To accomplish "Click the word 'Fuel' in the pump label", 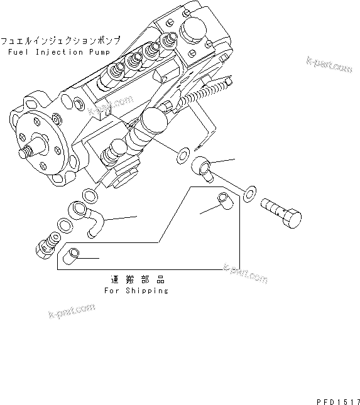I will [18, 50].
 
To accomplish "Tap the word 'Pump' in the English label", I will [97, 50].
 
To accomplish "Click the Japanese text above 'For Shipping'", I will [136, 281].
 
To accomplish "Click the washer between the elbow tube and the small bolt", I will [63, 224].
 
